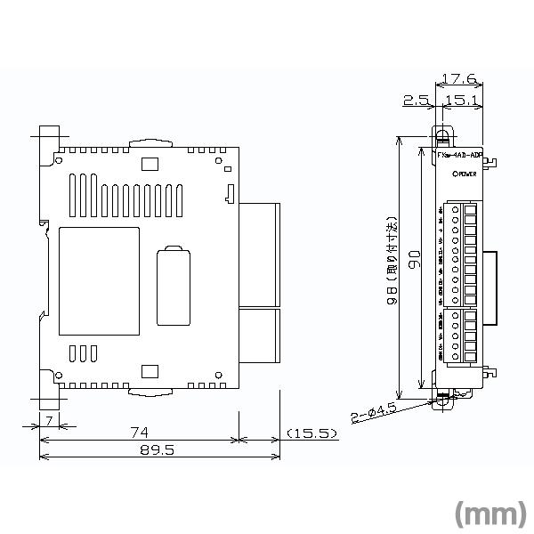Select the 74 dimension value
139,433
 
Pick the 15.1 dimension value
466,101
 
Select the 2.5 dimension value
416,101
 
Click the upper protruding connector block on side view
259,254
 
